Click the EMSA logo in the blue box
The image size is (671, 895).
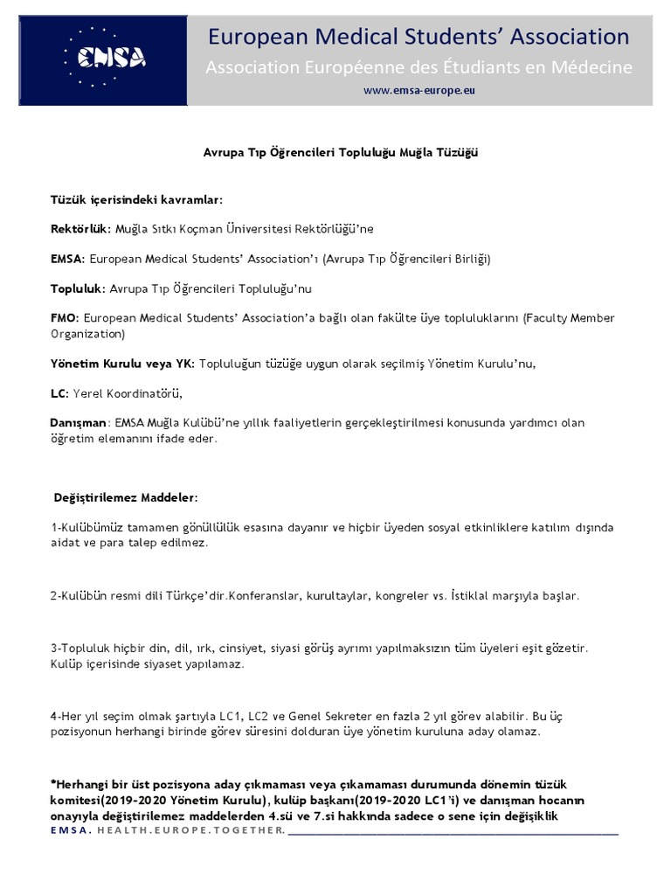tap(111, 57)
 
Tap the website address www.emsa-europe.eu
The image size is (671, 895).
tap(419, 90)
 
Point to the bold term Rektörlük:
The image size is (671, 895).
tap(81, 228)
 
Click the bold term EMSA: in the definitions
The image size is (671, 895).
tap(67, 259)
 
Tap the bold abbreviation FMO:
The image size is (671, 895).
tap(65, 318)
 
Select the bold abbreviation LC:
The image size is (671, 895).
tap(59, 392)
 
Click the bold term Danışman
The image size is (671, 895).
tap(78, 423)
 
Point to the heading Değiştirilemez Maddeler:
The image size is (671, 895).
tap(127, 497)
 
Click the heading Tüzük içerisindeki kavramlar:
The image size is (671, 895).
tap(136, 199)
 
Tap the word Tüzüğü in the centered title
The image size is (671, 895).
tap(458, 152)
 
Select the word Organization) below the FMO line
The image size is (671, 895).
tap(88, 333)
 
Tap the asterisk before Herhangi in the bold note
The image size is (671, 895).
tap(53, 784)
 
